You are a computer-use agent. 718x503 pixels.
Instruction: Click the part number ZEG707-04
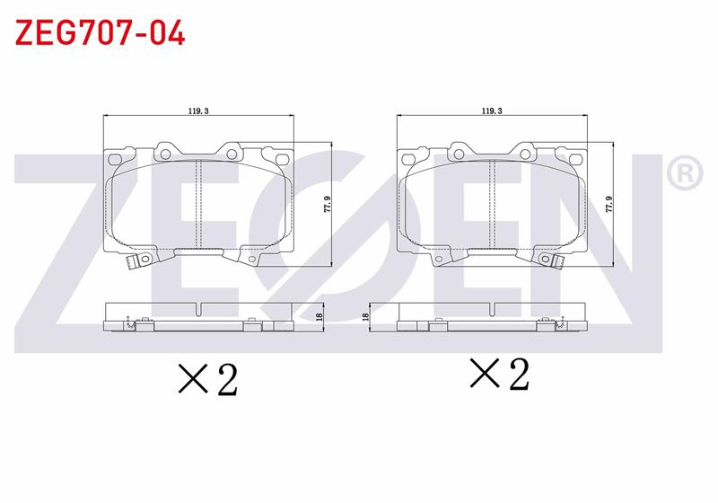pos(100,32)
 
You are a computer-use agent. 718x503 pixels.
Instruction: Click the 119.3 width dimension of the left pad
pos(198,110)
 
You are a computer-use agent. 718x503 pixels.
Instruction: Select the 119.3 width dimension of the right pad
pos(492,110)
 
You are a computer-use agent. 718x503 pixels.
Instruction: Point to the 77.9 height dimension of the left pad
pos(327,204)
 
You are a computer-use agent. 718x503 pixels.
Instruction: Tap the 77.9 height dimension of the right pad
pos(609,204)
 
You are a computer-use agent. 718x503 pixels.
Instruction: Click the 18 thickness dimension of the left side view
pos(320,316)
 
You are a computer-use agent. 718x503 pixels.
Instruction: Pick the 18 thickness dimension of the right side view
pos(365,316)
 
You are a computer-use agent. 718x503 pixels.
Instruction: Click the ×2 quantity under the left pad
pos(208,379)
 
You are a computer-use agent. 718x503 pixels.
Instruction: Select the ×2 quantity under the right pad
pos(500,374)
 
